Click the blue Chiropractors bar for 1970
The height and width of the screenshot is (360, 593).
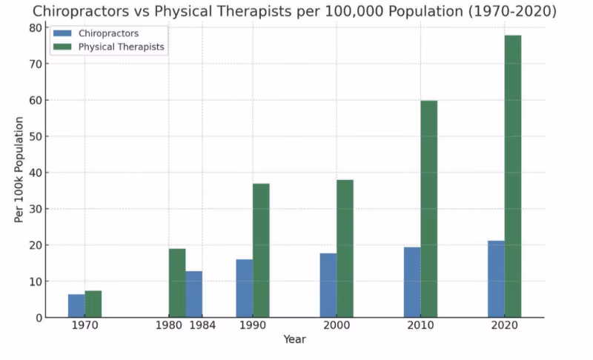tap(76, 306)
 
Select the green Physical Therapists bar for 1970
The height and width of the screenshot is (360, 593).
tap(93, 304)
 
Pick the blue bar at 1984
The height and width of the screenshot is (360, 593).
tap(193, 294)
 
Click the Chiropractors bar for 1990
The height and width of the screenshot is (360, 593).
tap(245, 288)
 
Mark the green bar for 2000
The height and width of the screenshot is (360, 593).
tap(345, 248)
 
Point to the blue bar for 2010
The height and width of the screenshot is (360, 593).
tap(412, 282)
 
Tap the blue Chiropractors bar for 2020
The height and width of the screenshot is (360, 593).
tap(496, 279)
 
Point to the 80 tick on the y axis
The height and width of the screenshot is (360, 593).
tap(35, 27)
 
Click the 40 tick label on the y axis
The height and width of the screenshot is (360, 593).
tap(35, 173)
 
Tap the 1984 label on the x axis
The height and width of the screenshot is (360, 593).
tap(202, 326)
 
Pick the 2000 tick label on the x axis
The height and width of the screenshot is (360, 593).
tap(337, 326)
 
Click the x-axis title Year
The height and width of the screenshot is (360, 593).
tap(294, 339)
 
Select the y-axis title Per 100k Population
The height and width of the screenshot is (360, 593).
tap(19, 173)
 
